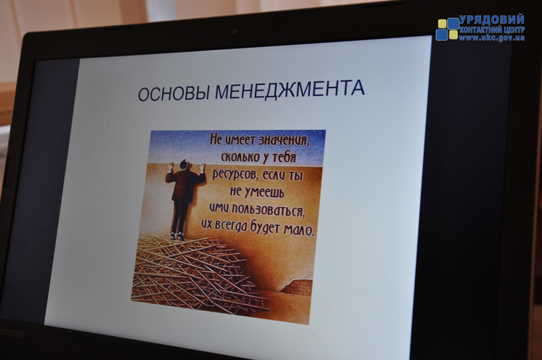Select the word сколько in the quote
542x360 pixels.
240,157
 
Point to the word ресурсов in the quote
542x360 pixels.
234,174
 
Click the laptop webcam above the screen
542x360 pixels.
234,31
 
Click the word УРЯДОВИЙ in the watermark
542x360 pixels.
492,20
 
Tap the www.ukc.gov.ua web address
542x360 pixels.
492,38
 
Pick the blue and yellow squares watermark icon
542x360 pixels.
447,29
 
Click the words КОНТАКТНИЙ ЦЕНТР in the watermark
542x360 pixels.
492,30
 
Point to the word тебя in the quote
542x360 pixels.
284,158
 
